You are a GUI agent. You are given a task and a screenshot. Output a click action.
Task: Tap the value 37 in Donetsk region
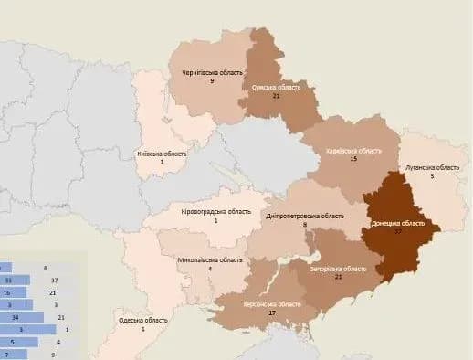tap(398, 232)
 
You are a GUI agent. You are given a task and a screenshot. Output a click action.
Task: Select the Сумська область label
tap(276, 87)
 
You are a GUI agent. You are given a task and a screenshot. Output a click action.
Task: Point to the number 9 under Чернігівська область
tap(211, 80)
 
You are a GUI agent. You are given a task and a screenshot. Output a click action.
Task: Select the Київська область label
tap(162, 154)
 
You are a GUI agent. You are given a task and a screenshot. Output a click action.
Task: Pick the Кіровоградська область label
tap(216, 211)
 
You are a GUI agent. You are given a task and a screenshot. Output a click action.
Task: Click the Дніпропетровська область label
tap(305, 216)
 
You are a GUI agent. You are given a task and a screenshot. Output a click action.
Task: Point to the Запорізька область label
tap(338, 269)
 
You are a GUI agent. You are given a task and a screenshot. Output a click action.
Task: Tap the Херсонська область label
tap(273, 303)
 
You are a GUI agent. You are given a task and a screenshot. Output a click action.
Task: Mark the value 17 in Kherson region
tap(273, 313)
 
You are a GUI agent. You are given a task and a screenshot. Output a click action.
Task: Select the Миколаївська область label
tap(211, 259)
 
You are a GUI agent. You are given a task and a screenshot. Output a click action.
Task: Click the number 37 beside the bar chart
tap(54, 280)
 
